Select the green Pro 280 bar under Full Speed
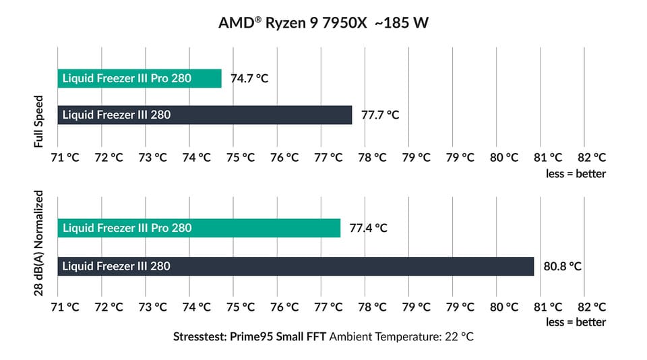point(140,78)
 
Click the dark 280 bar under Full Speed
point(205,115)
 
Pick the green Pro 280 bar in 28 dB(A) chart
point(199,228)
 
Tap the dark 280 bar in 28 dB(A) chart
point(296,266)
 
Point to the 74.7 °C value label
point(249,78)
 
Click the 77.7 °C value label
point(380,115)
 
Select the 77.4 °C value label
point(369,228)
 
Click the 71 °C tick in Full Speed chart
point(65,157)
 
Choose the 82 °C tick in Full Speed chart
point(592,157)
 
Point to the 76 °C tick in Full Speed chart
point(284,157)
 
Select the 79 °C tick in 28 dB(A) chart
point(416,306)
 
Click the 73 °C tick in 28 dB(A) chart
point(152,306)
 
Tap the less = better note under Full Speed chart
point(576,174)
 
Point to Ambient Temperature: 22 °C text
point(402,336)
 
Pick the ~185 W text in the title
point(403,23)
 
